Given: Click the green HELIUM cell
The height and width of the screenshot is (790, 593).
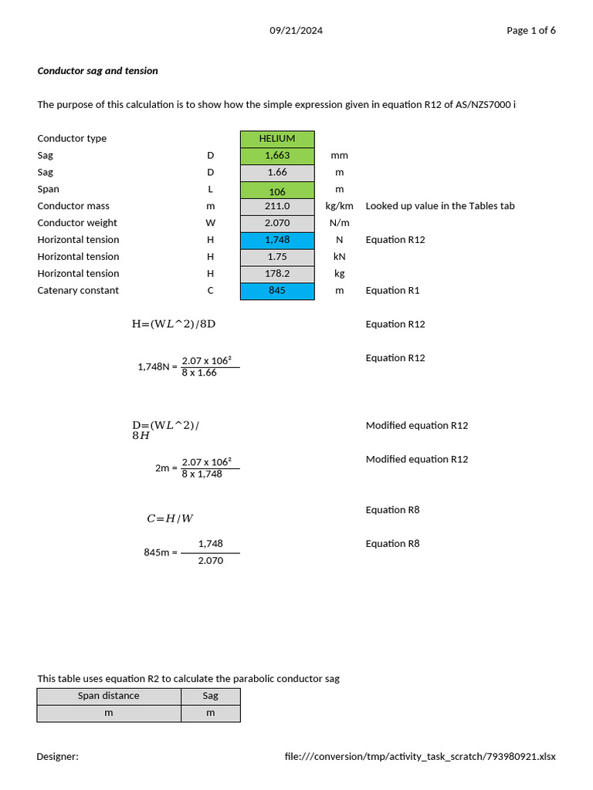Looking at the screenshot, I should point(277,139).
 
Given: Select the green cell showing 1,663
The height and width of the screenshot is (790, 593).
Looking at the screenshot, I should point(277,156).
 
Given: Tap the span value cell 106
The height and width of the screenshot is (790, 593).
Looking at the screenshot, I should point(277,190).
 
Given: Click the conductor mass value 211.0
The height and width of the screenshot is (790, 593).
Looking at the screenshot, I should point(277,207).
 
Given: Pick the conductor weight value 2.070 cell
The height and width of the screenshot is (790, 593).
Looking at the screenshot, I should point(277,224).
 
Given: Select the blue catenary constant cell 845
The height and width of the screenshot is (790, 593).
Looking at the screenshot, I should point(277,291).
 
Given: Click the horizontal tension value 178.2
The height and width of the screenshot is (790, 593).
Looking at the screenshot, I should point(277,274).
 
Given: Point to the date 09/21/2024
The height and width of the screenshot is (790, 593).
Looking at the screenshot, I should point(296,31).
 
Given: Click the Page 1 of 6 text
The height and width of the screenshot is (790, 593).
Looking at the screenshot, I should point(530,31).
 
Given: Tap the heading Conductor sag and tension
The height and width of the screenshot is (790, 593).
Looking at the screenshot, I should point(97,71).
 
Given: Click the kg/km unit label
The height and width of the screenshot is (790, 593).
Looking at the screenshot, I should point(339,207).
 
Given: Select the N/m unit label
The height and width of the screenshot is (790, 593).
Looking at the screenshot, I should point(339,224).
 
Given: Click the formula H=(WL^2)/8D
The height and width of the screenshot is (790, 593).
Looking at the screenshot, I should point(174,325).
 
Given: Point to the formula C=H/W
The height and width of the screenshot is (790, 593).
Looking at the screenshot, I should point(170,519).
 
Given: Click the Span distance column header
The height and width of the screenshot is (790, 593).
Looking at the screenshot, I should point(109,696).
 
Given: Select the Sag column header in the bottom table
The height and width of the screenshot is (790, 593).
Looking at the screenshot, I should point(210,696).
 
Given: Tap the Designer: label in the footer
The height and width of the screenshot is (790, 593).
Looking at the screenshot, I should point(57,757).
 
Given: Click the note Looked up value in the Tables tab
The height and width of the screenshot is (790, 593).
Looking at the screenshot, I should point(440,207).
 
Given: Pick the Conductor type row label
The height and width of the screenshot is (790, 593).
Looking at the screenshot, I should point(72,139).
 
